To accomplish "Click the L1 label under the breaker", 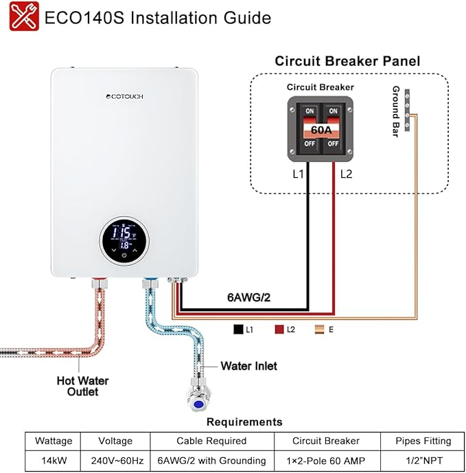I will pyautogui.click(x=298, y=174).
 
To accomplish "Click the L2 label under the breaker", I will pyautogui.click(x=346, y=174).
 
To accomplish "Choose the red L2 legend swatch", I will pyautogui.click(x=279, y=330).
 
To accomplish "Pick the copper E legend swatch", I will pyautogui.click(x=321, y=330).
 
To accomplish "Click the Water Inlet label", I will pyautogui.click(x=248, y=366).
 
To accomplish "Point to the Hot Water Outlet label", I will pyautogui.click(x=82, y=386).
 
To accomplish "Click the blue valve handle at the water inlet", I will pyautogui.click(x=198, y=406).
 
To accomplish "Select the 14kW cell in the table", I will pyautogui.click(x=52, y=460).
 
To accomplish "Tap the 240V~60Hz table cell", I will pyautogui.click(x=115, y=460).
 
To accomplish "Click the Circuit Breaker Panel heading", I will pyautogui.click(x=347, y=60).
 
